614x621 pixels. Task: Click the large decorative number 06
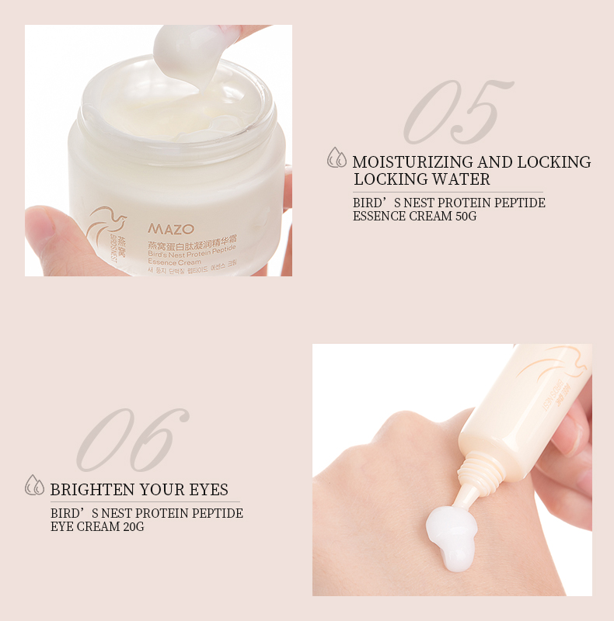tap(133, 440)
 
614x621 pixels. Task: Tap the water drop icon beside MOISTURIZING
tap(337, 158)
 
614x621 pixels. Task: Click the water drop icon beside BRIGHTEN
tap(35, 486)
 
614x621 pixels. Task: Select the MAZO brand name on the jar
tap(166, 229)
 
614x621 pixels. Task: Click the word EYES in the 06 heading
tap(208, 490)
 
